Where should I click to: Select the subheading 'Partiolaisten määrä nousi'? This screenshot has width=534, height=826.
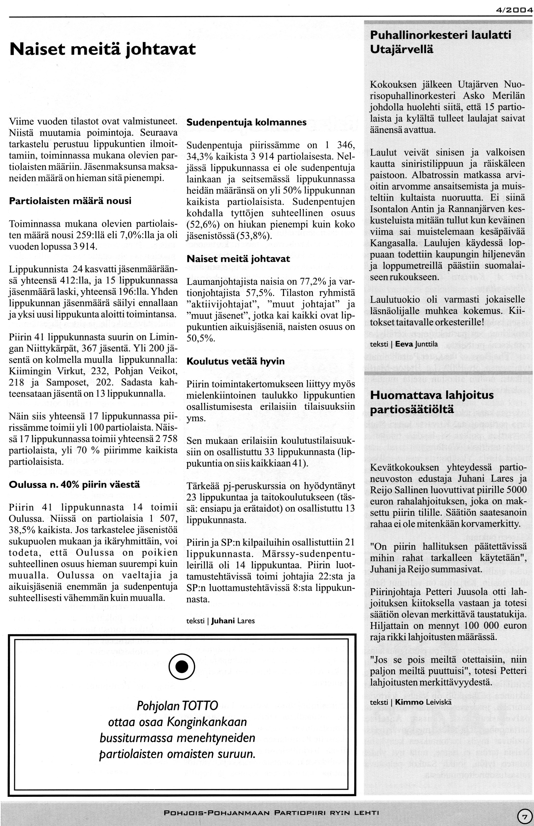click(70, 201)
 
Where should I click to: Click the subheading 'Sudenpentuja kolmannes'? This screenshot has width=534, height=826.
click(247, 122)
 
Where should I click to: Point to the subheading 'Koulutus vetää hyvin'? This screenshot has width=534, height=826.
click(235, 361)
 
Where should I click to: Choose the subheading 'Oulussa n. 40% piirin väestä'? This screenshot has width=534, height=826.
click(74, 484)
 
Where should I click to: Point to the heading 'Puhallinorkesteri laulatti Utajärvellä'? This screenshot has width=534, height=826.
click(440, 42)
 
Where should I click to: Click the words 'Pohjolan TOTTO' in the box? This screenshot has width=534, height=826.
click(178, 706)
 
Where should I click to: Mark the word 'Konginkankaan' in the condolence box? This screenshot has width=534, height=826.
click(207, 722)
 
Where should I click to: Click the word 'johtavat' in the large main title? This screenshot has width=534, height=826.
click(160, 49)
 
